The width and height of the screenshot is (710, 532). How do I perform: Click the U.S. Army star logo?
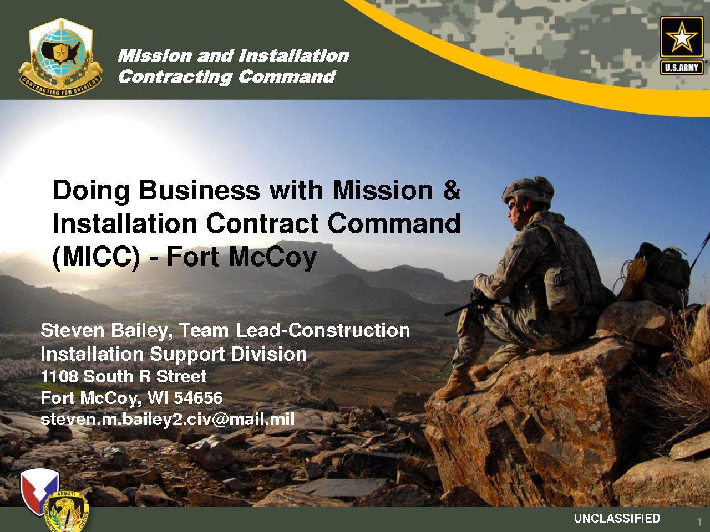682,45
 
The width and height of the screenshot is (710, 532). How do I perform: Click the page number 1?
699,521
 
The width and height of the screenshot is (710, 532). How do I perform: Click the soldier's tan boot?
456,385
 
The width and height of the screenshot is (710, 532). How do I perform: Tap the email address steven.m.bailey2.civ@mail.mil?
168,420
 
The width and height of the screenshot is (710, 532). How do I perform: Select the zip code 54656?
198,398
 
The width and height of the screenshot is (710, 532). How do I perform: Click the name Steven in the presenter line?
73,330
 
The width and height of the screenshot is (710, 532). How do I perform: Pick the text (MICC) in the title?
97,258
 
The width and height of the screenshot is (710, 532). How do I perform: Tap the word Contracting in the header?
175,78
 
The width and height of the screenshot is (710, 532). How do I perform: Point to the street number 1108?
59,376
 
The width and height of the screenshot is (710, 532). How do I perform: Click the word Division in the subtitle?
269,354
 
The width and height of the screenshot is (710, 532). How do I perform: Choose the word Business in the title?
199,191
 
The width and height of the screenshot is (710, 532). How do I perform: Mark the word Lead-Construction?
322,330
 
